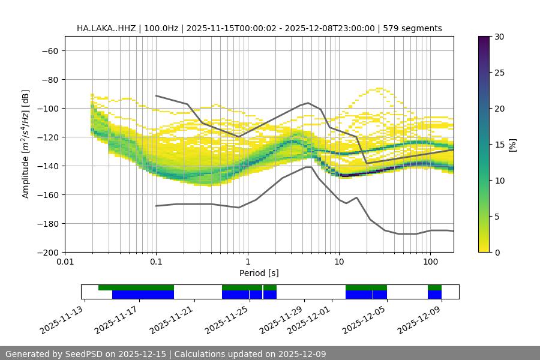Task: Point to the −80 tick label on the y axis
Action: pos(49,79)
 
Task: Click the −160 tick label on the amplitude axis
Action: pos(47,194)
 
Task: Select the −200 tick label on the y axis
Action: pos(47,252)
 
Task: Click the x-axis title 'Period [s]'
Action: pos(259,273)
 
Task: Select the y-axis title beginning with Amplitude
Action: pos(26,145)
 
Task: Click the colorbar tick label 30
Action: pos(499,37)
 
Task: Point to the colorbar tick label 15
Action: pos(499,145)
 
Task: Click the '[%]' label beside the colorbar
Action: pos(512,145)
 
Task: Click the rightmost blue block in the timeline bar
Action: pos(434,295)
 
